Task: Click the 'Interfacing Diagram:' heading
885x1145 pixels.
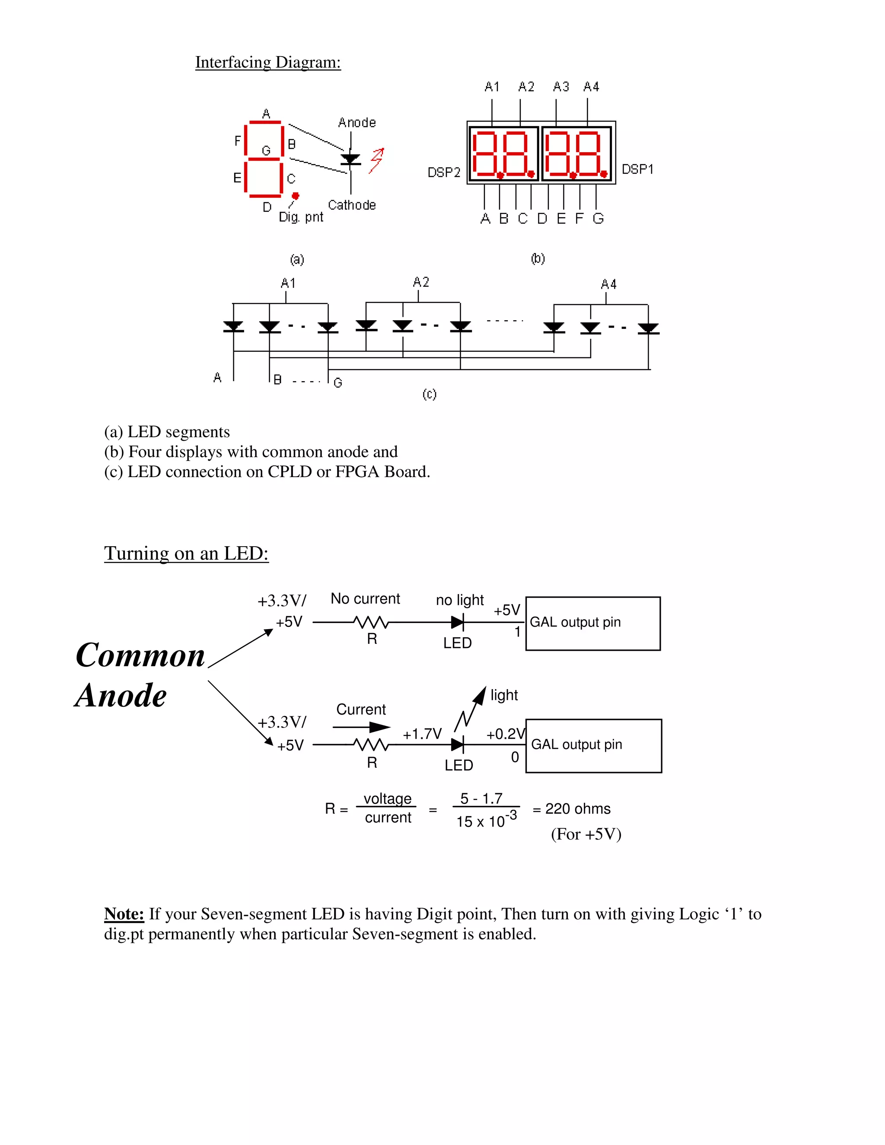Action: (x=268, y=62)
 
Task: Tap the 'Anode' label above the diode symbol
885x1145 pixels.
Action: (x=357, y=123)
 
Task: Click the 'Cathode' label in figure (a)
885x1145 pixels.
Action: (x=352, y=205)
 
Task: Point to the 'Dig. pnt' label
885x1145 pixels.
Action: (x=301, y=217)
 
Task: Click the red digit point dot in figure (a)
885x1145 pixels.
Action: (x=296, y=196)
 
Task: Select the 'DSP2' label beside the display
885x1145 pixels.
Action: (x=443, y=172)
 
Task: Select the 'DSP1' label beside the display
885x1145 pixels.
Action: (x=637, y=169)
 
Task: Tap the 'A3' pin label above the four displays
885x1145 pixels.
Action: (x=561, y=86)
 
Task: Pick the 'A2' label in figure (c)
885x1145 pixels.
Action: (x=421, y=282)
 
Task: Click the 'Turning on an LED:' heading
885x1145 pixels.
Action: (x=186, y=553)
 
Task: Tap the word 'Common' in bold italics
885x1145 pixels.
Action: (x=140, y=655)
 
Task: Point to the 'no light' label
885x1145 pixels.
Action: (x=460, y=600)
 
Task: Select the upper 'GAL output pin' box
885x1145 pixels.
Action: (x=593, y=623)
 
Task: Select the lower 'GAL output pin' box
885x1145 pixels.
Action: (x=593, y=745)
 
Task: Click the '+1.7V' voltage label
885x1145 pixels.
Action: (x=422, y=734)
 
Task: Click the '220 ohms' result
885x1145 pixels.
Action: (x=578, y=809)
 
